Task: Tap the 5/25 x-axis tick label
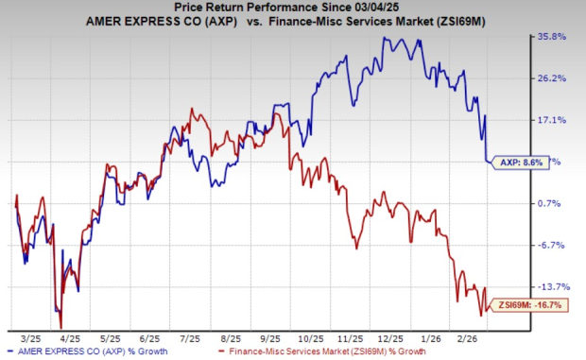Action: (x=111, y=336)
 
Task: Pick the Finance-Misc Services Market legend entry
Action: (x=325, y=351)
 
